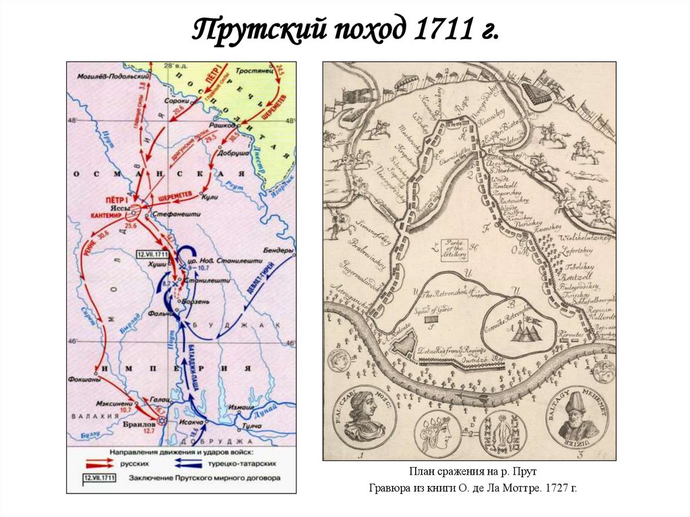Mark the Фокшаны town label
84,379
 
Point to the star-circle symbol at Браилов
162,421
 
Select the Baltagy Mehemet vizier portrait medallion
577,415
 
